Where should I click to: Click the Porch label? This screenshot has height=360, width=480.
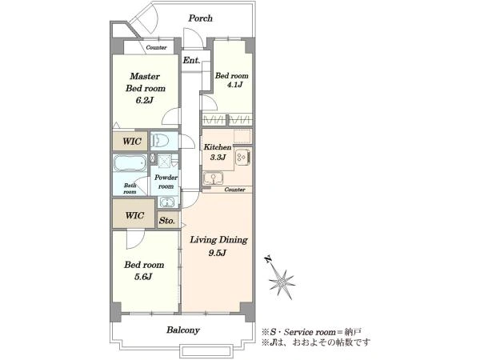[201, 18]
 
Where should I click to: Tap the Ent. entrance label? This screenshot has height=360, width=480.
[191, 60]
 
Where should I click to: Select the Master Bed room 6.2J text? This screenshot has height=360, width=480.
[145, 88]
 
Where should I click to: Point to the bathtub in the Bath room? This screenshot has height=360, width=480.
[130, 163]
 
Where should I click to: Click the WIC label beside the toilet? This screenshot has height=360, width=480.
[132, 142]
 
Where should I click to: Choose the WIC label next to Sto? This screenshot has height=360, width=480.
[134, 215]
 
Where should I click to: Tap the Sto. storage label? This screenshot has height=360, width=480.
[167, 221]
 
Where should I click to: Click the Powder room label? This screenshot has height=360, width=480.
[166, 182]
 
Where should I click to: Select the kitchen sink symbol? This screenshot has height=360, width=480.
[213, 178]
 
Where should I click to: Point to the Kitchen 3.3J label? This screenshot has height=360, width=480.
[218, 152]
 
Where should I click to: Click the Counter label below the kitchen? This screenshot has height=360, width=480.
[234, 190]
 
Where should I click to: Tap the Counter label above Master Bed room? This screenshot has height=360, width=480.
[156, 47]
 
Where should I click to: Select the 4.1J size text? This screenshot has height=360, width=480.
[234, 85]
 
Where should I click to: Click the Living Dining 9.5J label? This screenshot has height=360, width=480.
[218, 246]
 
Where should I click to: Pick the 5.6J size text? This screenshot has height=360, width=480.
[143, 277]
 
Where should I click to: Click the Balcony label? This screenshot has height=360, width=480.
[183, 330]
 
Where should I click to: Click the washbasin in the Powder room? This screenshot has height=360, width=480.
[166, 202]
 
